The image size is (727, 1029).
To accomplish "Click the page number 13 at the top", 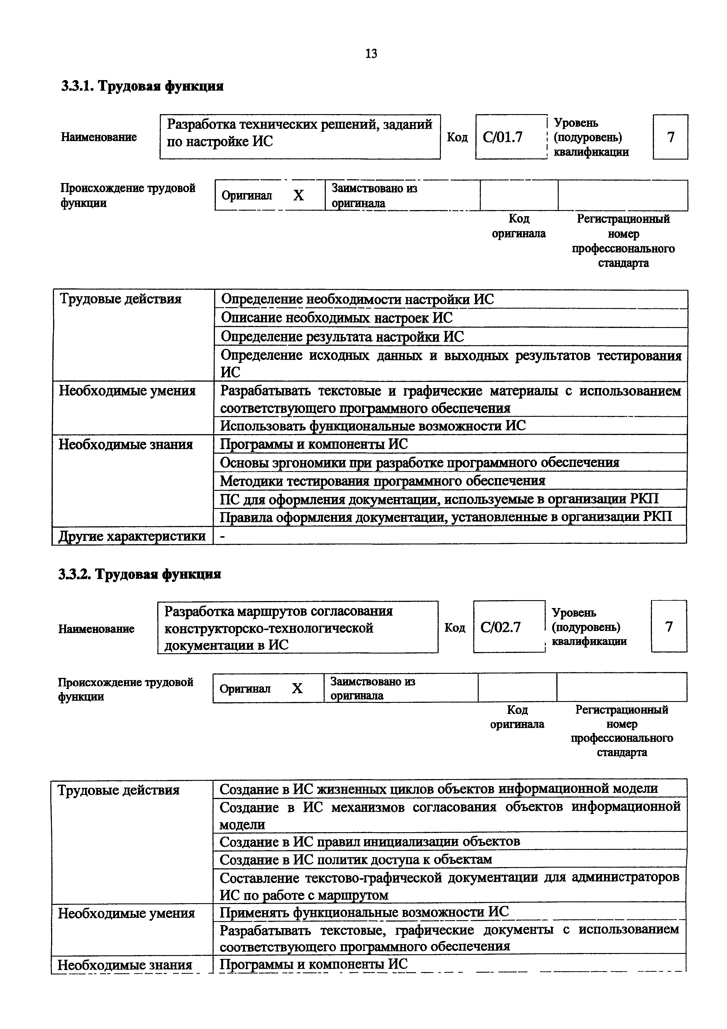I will pos(371,54).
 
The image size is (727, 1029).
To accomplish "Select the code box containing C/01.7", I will pos(510,137).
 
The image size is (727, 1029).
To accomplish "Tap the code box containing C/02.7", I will pos(509,627).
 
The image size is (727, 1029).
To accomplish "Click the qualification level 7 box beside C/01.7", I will pos(670,137).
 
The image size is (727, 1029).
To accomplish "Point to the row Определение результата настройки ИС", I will pos(343,336).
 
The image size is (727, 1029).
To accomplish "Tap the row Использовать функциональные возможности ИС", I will pos(373,425).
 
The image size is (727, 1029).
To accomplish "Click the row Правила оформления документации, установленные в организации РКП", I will pos(446,517).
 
